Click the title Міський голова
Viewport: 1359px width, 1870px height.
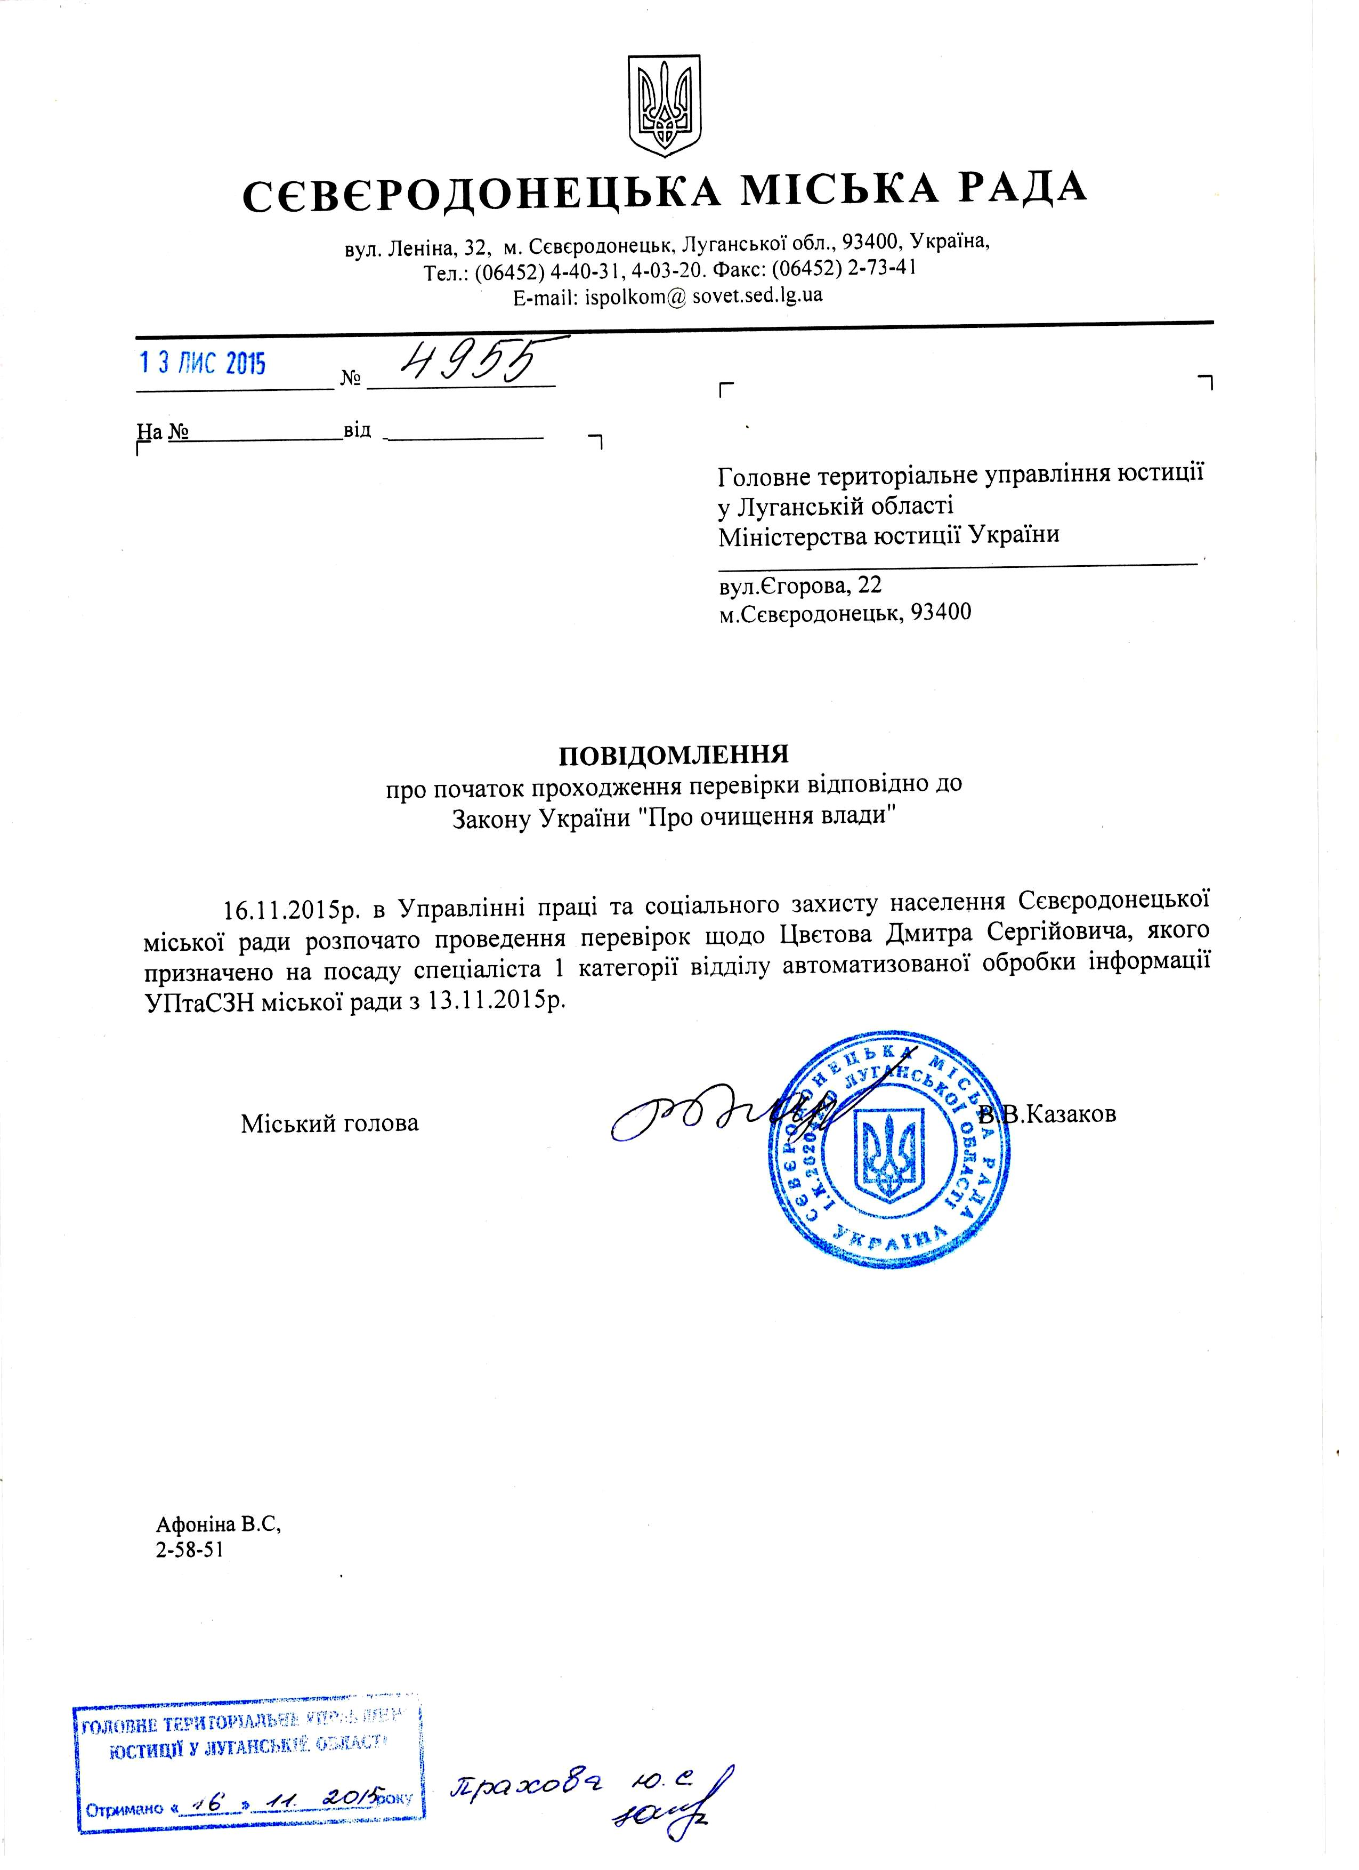[330, 1123]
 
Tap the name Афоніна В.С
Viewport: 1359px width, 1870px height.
[219, 1524]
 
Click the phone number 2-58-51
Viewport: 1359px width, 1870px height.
[190, 1550]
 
